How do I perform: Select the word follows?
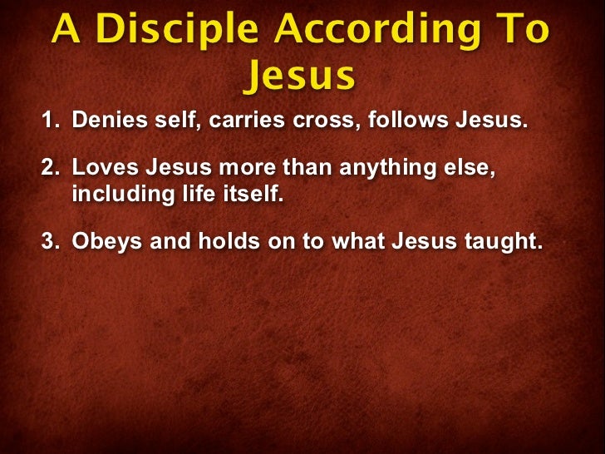point(405,121)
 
